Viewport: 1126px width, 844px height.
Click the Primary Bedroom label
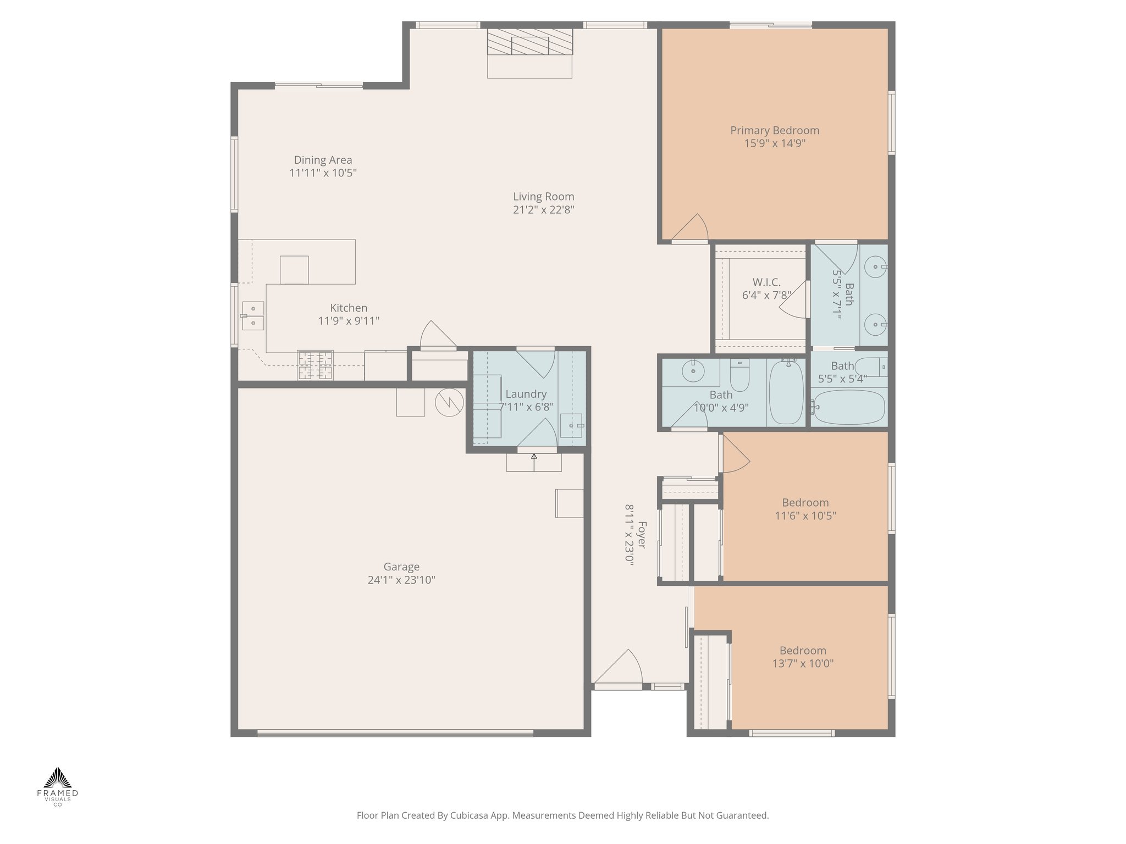click(774, 131)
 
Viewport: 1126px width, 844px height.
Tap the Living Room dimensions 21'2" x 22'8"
click(543, 210)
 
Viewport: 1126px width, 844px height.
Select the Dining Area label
click(323, 160)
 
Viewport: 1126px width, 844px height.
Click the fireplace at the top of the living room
click(530, 43)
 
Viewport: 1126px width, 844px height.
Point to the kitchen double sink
click(253, 316)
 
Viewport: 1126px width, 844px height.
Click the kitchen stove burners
click(315, 365)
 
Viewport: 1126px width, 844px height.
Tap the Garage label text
click(401, 567)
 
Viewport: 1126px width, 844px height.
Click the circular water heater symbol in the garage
click(449, 403)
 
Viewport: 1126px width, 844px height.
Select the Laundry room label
click(526, 394)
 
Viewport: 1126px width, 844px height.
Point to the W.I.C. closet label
click(766, 282)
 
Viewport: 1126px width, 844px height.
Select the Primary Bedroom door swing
click(692, 227)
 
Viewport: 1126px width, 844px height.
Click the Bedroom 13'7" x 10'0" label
click(803, 651)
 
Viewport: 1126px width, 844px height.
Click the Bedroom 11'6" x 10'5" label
click(805, 503)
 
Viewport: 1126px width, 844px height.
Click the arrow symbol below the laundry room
click(534, 462)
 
